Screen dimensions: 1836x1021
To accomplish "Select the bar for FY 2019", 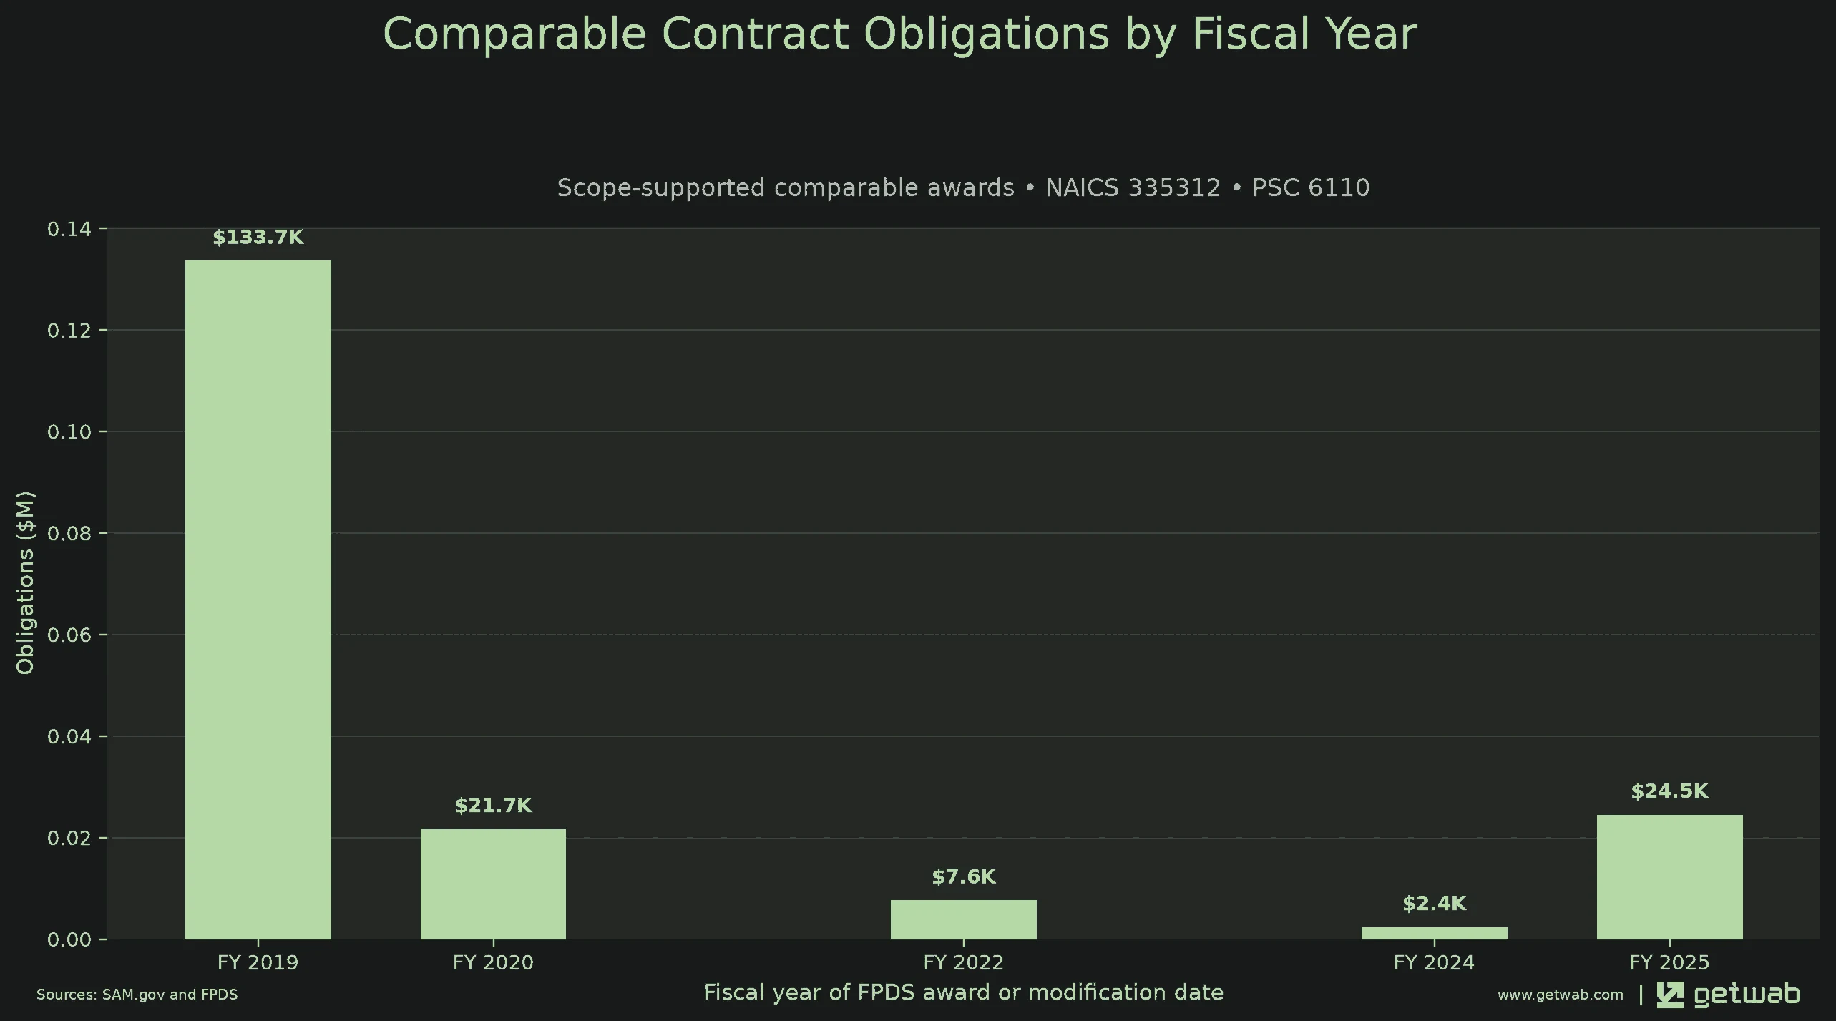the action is pyautogui.click(x=258, y=600).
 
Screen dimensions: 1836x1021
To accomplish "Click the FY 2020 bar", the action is pyautogui.click(x=493, y=884).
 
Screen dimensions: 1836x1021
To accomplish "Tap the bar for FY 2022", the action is pyautogui.click(x=963, y=919).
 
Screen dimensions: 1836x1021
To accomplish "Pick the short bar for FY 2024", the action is pyautogui.click(x=1434, y=933).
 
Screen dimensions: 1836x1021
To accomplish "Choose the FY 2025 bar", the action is pyautogui.click(x=1669, y=877).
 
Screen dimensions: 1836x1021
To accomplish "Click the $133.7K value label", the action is pyautogui.click(x=258, y=238).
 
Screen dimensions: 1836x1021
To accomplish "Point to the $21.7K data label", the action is pyautogui.click(x=493, y=806).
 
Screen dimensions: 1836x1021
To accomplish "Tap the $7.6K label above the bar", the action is pyautogui.click(x=963, y=876).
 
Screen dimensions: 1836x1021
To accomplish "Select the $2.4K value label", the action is pyautogui.click(x=1434, y=904).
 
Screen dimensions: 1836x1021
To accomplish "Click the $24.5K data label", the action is pyautogui.click(x=1669, y=791).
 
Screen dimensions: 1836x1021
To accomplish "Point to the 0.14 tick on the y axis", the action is pyautogui.click(x=69, y=229).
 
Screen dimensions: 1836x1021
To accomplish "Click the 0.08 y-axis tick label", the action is pyautogui.click(x=69, y=533).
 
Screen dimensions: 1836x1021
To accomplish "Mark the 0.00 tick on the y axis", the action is pyautogui.click(x=69, y=939).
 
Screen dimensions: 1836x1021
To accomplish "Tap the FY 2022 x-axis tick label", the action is pyautogui.click(x=963, y=962).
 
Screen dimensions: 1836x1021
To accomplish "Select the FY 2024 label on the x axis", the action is pyautogui.click(x=1434, y=962).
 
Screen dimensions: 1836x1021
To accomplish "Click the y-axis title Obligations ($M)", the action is pyautogui.click(x=25, y=582).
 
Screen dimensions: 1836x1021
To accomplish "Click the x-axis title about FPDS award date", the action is pyautogui.click(x=963, y=992).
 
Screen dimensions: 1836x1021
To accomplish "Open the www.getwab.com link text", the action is pyautogui.click(x=1560, y=995).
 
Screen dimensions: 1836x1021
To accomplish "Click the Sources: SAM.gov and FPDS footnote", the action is pyautogui.click(x=137, y=995).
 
